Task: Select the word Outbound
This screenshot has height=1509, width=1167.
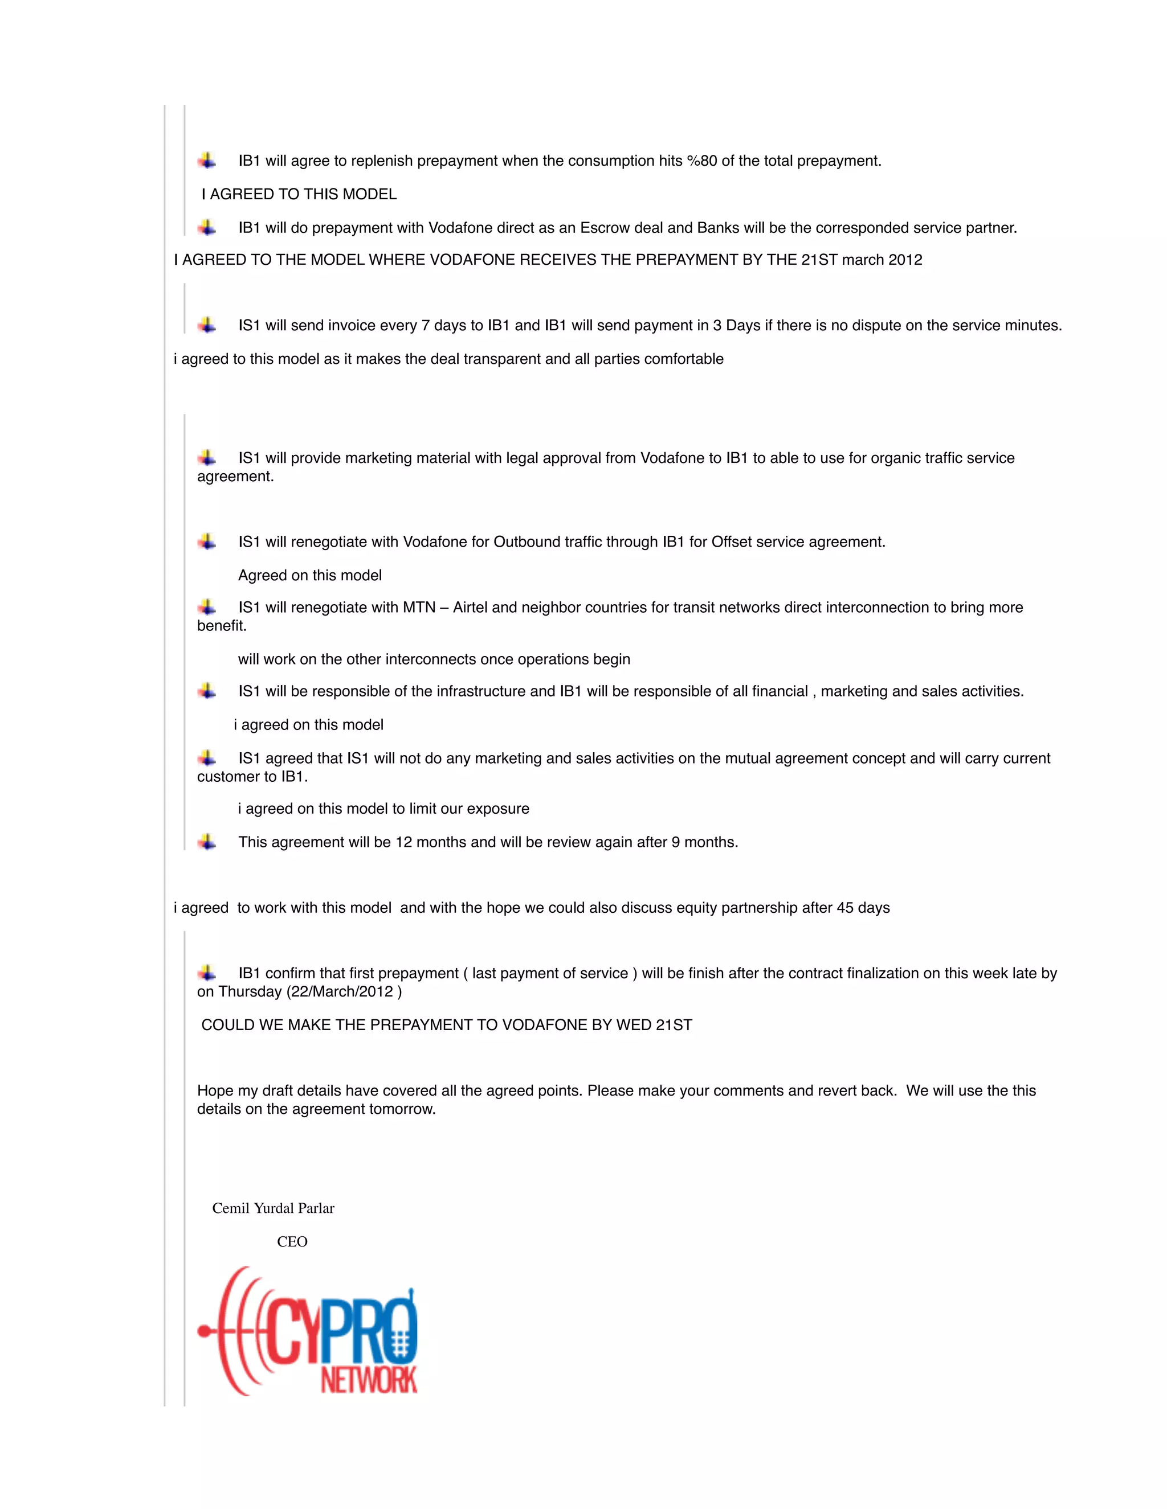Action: [x=523, y=542]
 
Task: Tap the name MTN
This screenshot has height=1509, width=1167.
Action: [x=419, y=608]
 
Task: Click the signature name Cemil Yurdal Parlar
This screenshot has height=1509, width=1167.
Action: [x=273, y=1208]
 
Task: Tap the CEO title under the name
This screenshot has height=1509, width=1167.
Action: [x=292, y=1241]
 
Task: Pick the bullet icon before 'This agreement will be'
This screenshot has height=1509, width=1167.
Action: [x=207, y=842]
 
